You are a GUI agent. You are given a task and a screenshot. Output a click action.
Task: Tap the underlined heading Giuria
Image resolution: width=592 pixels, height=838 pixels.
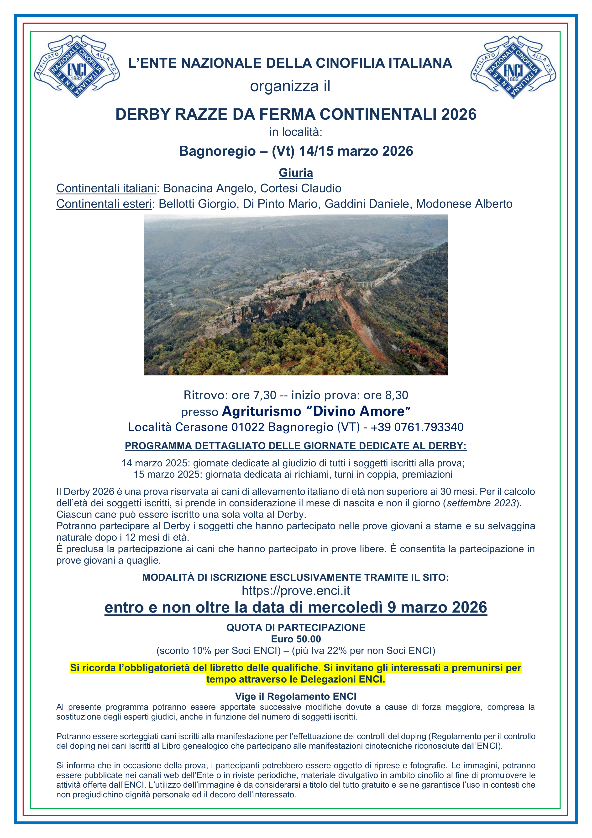coord(296,173)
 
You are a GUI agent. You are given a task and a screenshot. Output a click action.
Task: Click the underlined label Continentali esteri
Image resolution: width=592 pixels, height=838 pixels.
coord(104,204)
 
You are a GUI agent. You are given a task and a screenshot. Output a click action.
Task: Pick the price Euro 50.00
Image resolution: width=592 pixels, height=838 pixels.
coord(296,639)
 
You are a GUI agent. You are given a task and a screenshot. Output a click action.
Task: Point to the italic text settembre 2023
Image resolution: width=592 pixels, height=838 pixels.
coord(481,503)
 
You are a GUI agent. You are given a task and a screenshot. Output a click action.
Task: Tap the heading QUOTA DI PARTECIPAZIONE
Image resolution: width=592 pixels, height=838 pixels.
coord(296,628)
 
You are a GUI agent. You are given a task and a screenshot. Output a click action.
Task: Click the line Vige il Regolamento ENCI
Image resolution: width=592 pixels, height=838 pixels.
coord(296,696)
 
